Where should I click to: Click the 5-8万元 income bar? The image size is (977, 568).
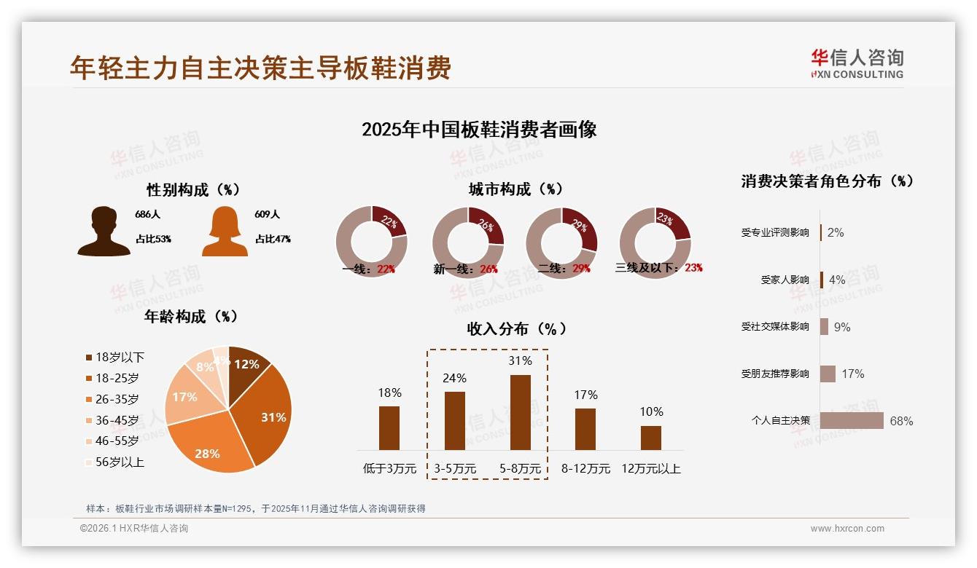point(520,412)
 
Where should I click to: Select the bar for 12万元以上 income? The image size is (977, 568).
point(650,438)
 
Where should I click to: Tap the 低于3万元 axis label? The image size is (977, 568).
point(389,469)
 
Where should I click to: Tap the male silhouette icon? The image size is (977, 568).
point(104,232)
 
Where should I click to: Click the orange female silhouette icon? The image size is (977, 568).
point(225,232)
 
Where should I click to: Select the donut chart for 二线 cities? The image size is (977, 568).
point(561,242)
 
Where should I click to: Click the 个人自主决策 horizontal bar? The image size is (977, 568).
point(852,421)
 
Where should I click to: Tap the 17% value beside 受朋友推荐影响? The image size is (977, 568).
point(852,374)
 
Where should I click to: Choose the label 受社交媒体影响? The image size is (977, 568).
point(775,327)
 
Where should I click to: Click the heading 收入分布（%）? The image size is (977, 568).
point(516,328)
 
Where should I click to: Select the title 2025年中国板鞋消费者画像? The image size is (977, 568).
point(479,130)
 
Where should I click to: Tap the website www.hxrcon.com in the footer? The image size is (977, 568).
point(847,529)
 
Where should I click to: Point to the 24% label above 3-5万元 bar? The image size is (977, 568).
point(455,378)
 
